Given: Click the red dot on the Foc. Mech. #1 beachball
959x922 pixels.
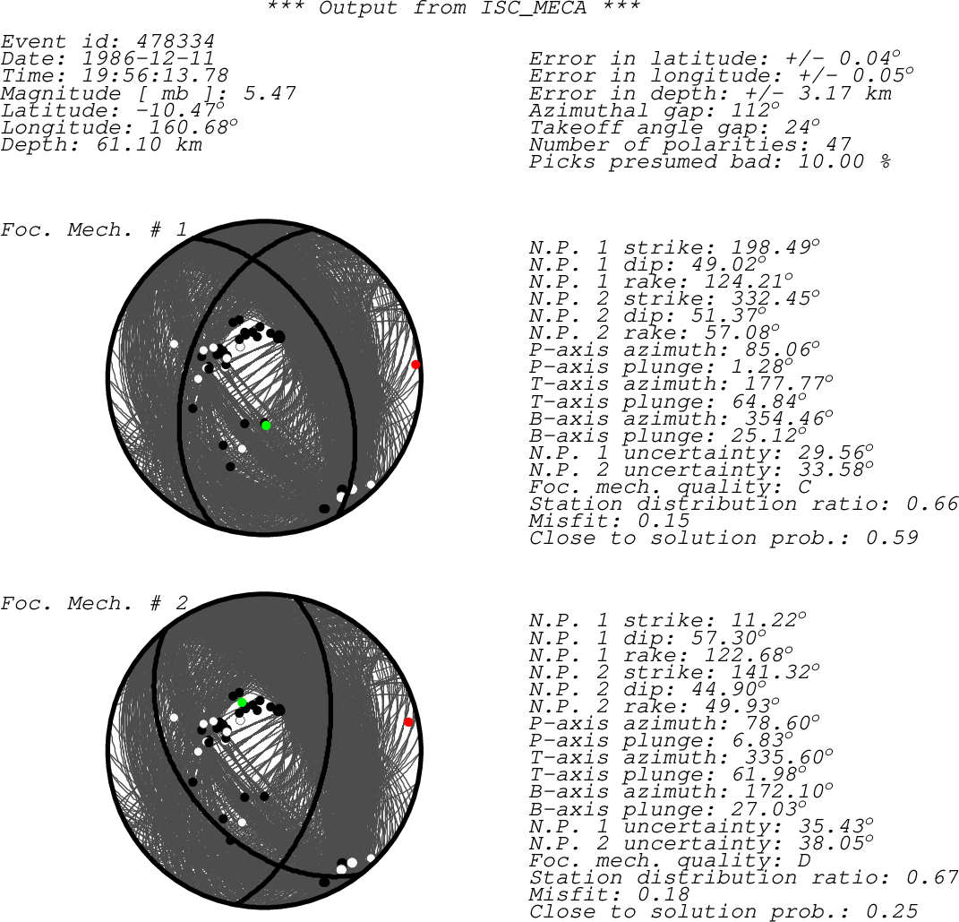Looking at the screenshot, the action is click(x=415, y=365).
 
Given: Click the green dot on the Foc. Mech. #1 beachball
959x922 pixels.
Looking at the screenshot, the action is click(x=266, y=426).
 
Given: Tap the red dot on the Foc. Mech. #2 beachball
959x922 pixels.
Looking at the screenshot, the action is click(x=408, y=722).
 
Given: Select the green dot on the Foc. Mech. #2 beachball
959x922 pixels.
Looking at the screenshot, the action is click(x=242, y=702).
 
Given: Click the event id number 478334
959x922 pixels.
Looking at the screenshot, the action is click(x=176, y=41).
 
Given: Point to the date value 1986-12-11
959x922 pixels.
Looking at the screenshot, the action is click(x=148, y=59).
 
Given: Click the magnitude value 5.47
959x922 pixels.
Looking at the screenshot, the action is click(x=270, y=93).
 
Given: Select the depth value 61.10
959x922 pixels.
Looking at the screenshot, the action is click(x=129, y=144).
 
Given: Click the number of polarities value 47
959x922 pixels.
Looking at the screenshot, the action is click(x=838, y=144).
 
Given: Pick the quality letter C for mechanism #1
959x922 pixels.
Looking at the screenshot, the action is click(x=805, y=487).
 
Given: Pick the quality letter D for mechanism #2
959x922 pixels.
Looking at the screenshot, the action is click(x=804, y=860).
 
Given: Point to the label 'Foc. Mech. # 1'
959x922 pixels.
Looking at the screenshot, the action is click(x=94, y=230).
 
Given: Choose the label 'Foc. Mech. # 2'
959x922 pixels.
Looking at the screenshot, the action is click(x=94, y=604).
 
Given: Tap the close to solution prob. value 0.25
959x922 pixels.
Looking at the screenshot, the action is click(x=892, y=911).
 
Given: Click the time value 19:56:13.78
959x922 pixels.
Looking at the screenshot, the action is click(x=155, y=76).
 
